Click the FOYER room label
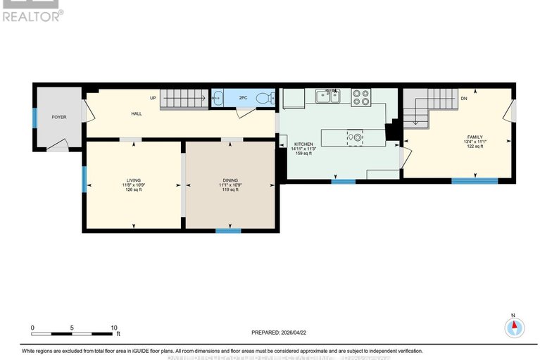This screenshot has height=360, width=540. click(58, 117)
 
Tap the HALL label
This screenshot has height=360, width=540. click(137, 113)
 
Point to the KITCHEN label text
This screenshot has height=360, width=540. click(304, 144)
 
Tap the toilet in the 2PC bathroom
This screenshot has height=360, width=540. click(264, 99)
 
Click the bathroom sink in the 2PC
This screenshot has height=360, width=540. click(218, 99)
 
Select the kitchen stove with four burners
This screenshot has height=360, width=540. click(361, 97)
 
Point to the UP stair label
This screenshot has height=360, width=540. click(152, 98)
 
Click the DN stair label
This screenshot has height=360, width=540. click(463, 99)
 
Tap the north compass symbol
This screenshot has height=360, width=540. click(514, 327)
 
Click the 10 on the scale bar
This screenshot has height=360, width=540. click(114, 328)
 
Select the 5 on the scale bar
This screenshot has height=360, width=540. click(73, 328)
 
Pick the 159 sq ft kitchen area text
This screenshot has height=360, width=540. click(304, 154)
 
